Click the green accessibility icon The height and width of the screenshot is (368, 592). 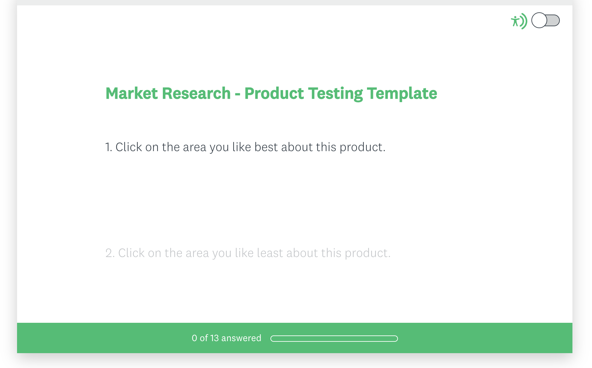[x=519, y=21]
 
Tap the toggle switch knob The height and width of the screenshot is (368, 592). [x=539, y=21]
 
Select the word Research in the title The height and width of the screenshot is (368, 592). [x=196, y=94]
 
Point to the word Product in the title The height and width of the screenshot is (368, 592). [x=274, y=94]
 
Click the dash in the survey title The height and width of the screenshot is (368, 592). [x=238, y=95]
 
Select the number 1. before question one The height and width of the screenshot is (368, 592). [x=109, y=147]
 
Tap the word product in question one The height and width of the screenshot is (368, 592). [x=362, y=148]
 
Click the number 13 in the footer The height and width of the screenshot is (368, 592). [x=214, y=338]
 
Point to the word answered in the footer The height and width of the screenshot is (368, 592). [x=241, y=338]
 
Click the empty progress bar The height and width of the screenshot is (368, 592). [x=334, y=339]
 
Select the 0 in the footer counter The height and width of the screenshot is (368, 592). [x=194, y=338]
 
